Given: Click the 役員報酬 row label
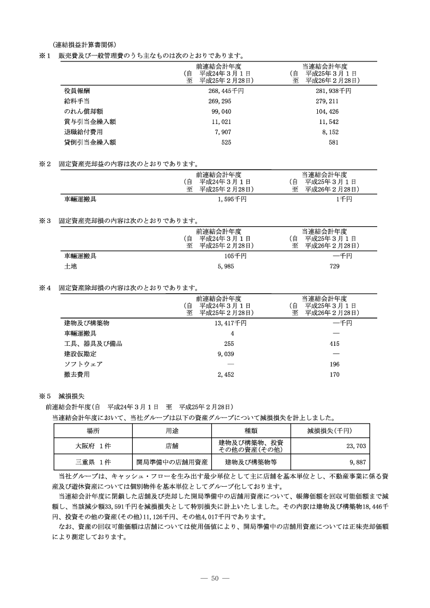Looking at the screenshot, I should coord(76,91).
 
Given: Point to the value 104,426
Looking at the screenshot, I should coord(328,111).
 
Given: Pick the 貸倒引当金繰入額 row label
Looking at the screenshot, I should coord(90,142).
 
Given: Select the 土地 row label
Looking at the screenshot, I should coord(70,266).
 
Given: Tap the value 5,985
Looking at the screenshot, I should coord(225,266).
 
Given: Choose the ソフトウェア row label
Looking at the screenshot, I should coord(83,364).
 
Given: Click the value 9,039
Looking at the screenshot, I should coord(225,353).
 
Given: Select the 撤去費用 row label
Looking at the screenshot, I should coord(76,375).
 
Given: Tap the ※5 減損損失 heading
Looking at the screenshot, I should coord(57,396).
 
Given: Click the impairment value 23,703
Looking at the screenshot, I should coord(356,445).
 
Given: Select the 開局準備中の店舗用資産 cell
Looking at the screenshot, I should coord(172,462).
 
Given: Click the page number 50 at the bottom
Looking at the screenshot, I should coord(215,578).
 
